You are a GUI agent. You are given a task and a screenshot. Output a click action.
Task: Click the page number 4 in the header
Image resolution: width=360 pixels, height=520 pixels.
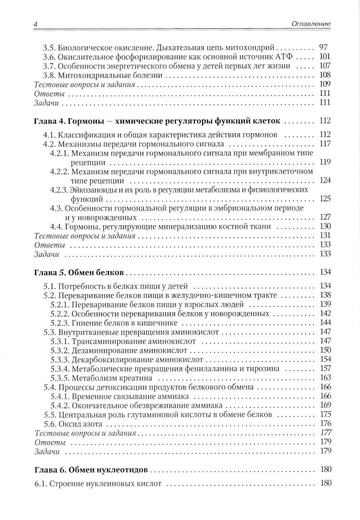coord(35,24)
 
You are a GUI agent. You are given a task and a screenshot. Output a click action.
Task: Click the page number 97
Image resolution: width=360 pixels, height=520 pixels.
coord(323,47)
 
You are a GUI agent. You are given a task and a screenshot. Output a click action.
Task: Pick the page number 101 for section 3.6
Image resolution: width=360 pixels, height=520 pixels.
coord(324,57)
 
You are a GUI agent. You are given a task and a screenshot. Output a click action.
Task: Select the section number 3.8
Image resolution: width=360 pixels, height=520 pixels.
coord(49,76)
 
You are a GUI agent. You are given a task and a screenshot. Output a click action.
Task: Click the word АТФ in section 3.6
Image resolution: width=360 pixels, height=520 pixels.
coord(284,57)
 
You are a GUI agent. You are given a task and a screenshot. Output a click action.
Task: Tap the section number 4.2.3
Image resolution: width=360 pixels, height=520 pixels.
coord(58,189)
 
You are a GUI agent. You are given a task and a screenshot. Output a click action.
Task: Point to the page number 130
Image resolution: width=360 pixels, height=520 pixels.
coord(325,227)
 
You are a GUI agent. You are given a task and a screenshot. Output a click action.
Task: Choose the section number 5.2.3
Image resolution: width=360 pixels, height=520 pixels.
coord(58,322)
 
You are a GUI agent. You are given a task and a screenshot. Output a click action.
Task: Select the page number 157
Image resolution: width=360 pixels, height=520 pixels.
coord(325,369)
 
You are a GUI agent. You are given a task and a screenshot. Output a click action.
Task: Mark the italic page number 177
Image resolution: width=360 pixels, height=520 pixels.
coord(325,433)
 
